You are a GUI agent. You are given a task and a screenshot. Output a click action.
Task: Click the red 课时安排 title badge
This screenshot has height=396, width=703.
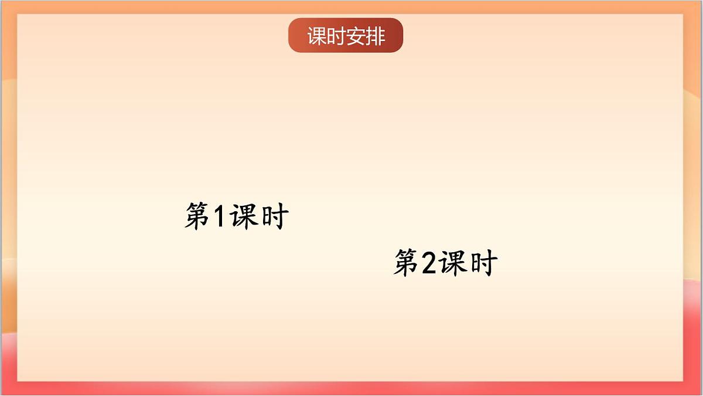(x=346, y=36)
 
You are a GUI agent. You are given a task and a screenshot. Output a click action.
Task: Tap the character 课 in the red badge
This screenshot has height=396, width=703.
(x=317, y=36)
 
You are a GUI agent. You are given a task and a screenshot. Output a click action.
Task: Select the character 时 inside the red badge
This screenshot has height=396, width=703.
(x=336, y=36)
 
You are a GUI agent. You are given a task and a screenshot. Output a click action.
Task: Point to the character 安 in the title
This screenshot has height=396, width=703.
(x=356, y=36)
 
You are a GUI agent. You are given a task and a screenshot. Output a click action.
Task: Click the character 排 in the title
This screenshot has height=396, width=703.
(x=375, y=36)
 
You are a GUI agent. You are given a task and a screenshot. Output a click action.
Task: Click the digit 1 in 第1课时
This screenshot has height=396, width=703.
(x=218, y=216)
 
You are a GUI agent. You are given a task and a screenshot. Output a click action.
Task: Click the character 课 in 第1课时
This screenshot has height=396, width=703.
(x=243, y=216)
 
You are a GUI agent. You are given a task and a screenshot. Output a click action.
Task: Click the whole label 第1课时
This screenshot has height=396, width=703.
(x=236, y=216)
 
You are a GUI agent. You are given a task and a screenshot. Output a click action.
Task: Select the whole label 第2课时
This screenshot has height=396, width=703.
(x=445, y=263)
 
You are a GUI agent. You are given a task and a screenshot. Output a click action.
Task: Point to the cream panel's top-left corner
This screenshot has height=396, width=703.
(x=18, y=15)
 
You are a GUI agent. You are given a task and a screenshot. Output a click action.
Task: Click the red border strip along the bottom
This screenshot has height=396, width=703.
(x=351, y=389)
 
